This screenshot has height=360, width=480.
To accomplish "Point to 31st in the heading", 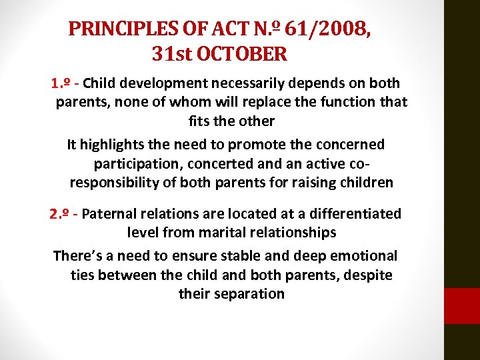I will [x=168, y=53].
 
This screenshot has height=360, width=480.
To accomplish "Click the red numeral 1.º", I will [x=60, y=83].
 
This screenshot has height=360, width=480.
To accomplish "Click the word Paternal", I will [x=111, y=214].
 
